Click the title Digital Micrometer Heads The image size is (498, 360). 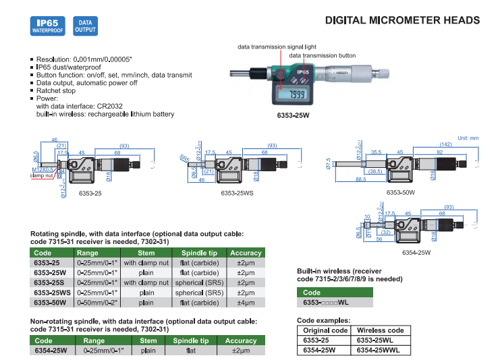[402, 20]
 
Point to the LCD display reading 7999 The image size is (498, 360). [296, 95]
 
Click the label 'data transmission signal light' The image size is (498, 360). [277, 47]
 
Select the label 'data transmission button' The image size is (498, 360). [322, 55]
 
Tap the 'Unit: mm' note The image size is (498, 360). [468, 138]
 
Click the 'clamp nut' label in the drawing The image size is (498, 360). [41, 176]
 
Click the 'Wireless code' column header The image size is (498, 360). [380, 330]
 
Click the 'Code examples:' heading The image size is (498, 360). [323, 320]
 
